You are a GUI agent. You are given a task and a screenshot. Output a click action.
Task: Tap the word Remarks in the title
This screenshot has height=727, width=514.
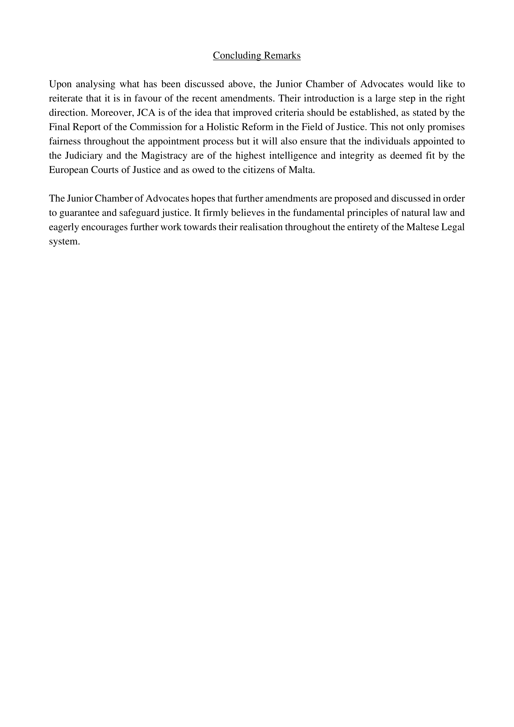click(x=282, y=55)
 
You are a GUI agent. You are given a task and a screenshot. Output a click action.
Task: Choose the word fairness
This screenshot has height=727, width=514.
click(x=65, y=141)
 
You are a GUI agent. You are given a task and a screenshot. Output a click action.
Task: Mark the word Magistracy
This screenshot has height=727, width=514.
click(x=164, y=156)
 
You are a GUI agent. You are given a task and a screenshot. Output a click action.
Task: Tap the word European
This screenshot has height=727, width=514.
click(x=68, y=170)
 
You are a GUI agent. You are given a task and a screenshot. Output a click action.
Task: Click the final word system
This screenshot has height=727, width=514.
click(x=64, y=242)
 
